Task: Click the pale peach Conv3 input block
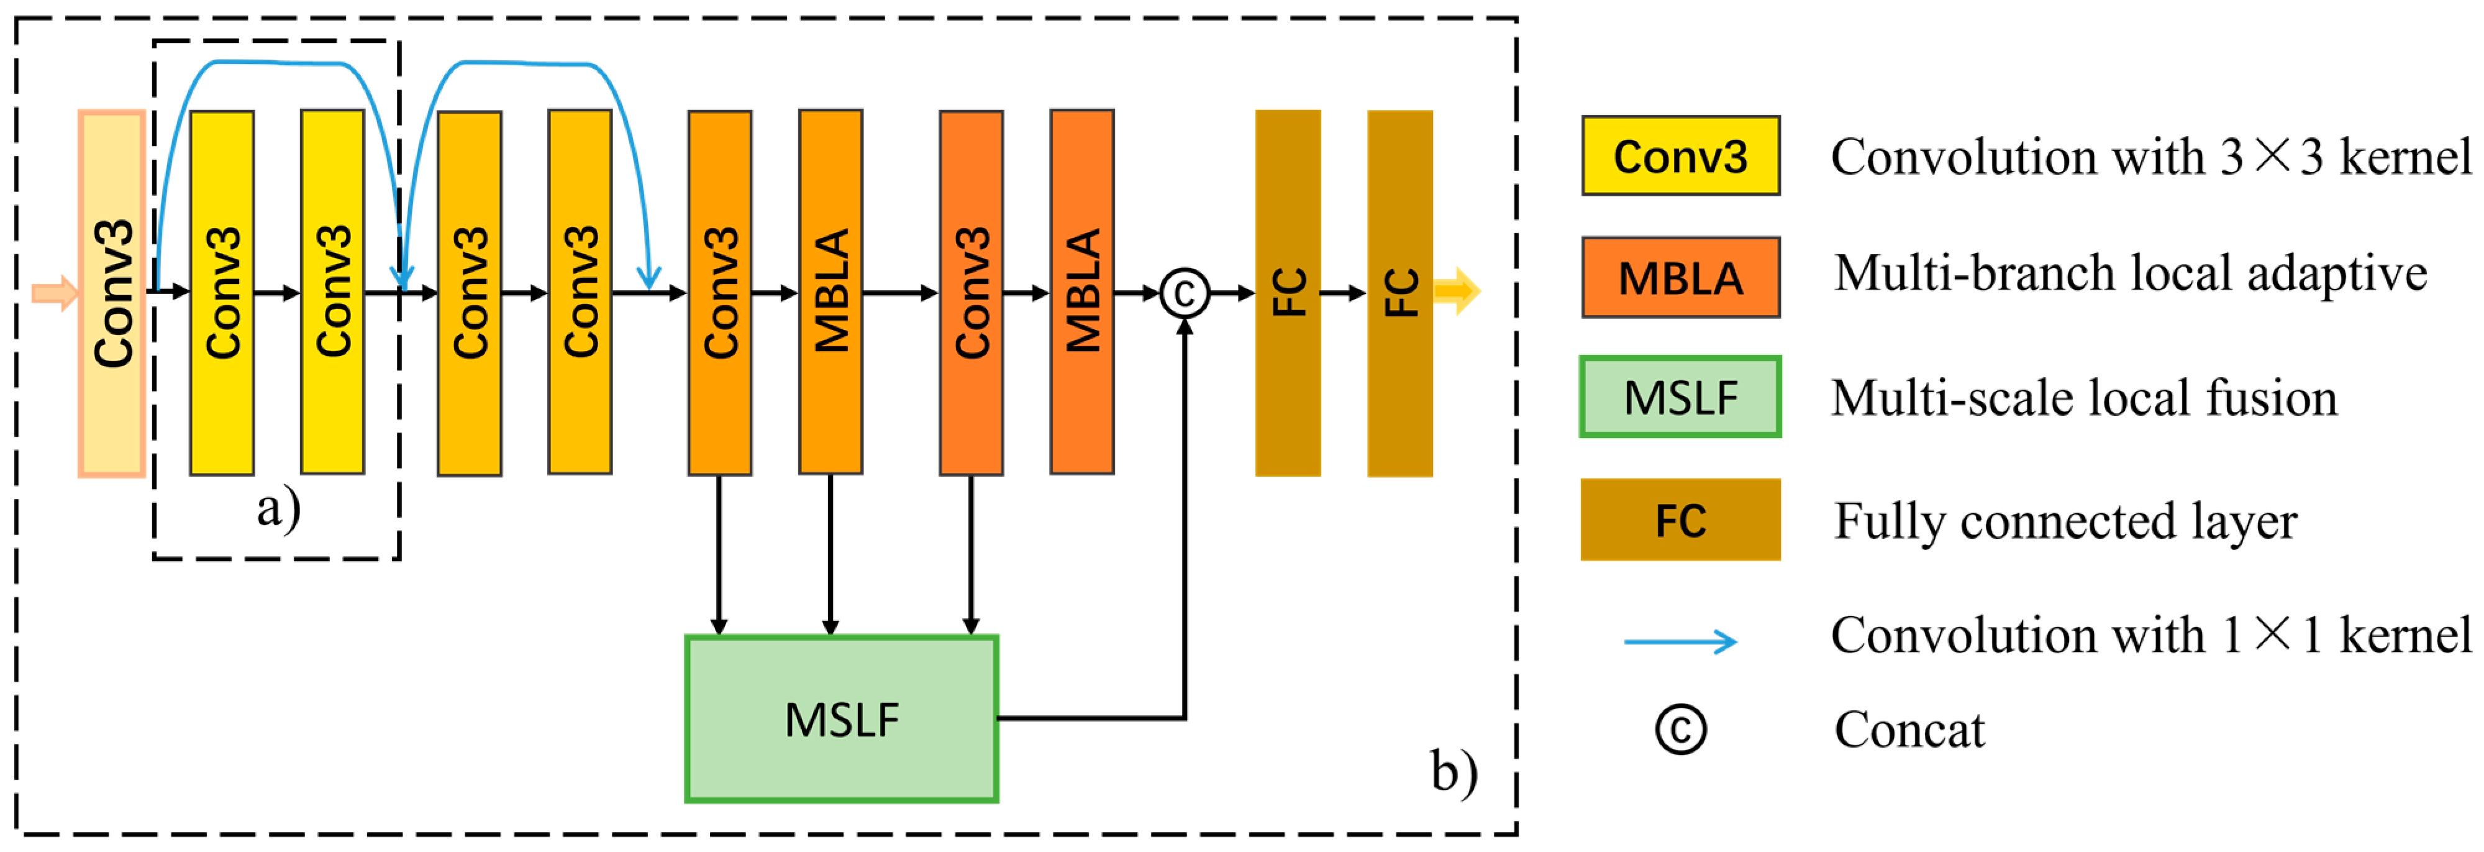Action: pyautogui.click(x=112, y=293)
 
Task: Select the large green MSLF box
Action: pyautogui.click(x=841, y=719)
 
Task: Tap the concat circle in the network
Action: pyautogui.click(x=1184, y=292)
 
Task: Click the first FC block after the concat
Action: pyautogui.click(x=1287, y=293)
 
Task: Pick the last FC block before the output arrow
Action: pyautogui.click(x=1399, y=293)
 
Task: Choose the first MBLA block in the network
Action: pyautogui.click(x=830, y=291)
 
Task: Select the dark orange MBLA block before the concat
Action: pyautogui.click(x=1082, y=291)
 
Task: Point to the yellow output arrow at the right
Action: pyautogui.click(x=1456, y=290)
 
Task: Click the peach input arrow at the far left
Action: pyautogui.click(x=54, y=292)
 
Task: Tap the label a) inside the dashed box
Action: pyautogui.click(x=278, y=508)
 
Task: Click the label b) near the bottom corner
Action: pyautogui.click(x=1453, y=771)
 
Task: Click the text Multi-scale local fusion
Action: pyautogui.click(x=2083, y=398)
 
